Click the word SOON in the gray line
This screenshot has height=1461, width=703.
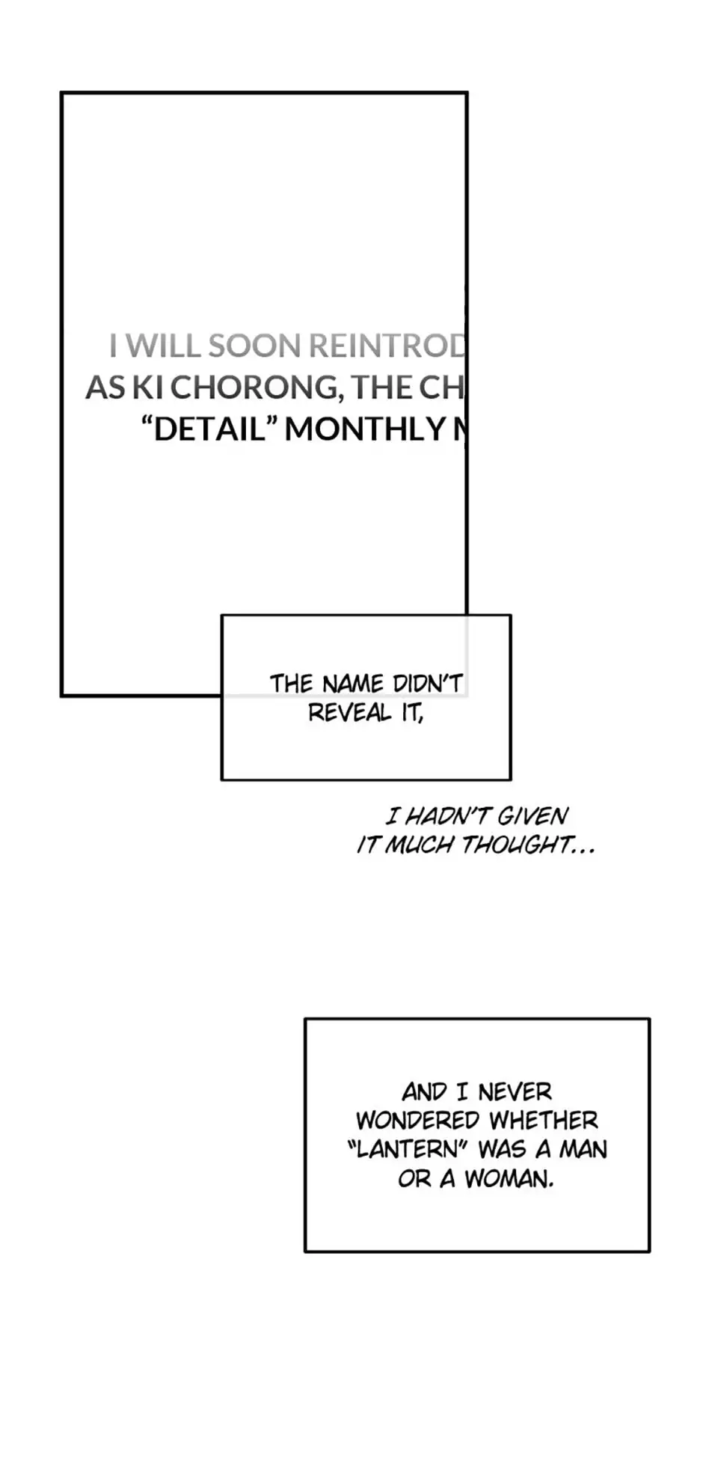[x=254, y=346]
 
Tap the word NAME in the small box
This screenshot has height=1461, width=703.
[x=353, y=684]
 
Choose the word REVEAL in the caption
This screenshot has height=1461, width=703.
[x=349, y=713]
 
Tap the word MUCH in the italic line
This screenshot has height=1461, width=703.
[x=419, y=845]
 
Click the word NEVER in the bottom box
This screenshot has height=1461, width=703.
[x=515, y=1092]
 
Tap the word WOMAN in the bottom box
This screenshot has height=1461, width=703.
[x=509, y=1179]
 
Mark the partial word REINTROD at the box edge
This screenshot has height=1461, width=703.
[x=387, y=346]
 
